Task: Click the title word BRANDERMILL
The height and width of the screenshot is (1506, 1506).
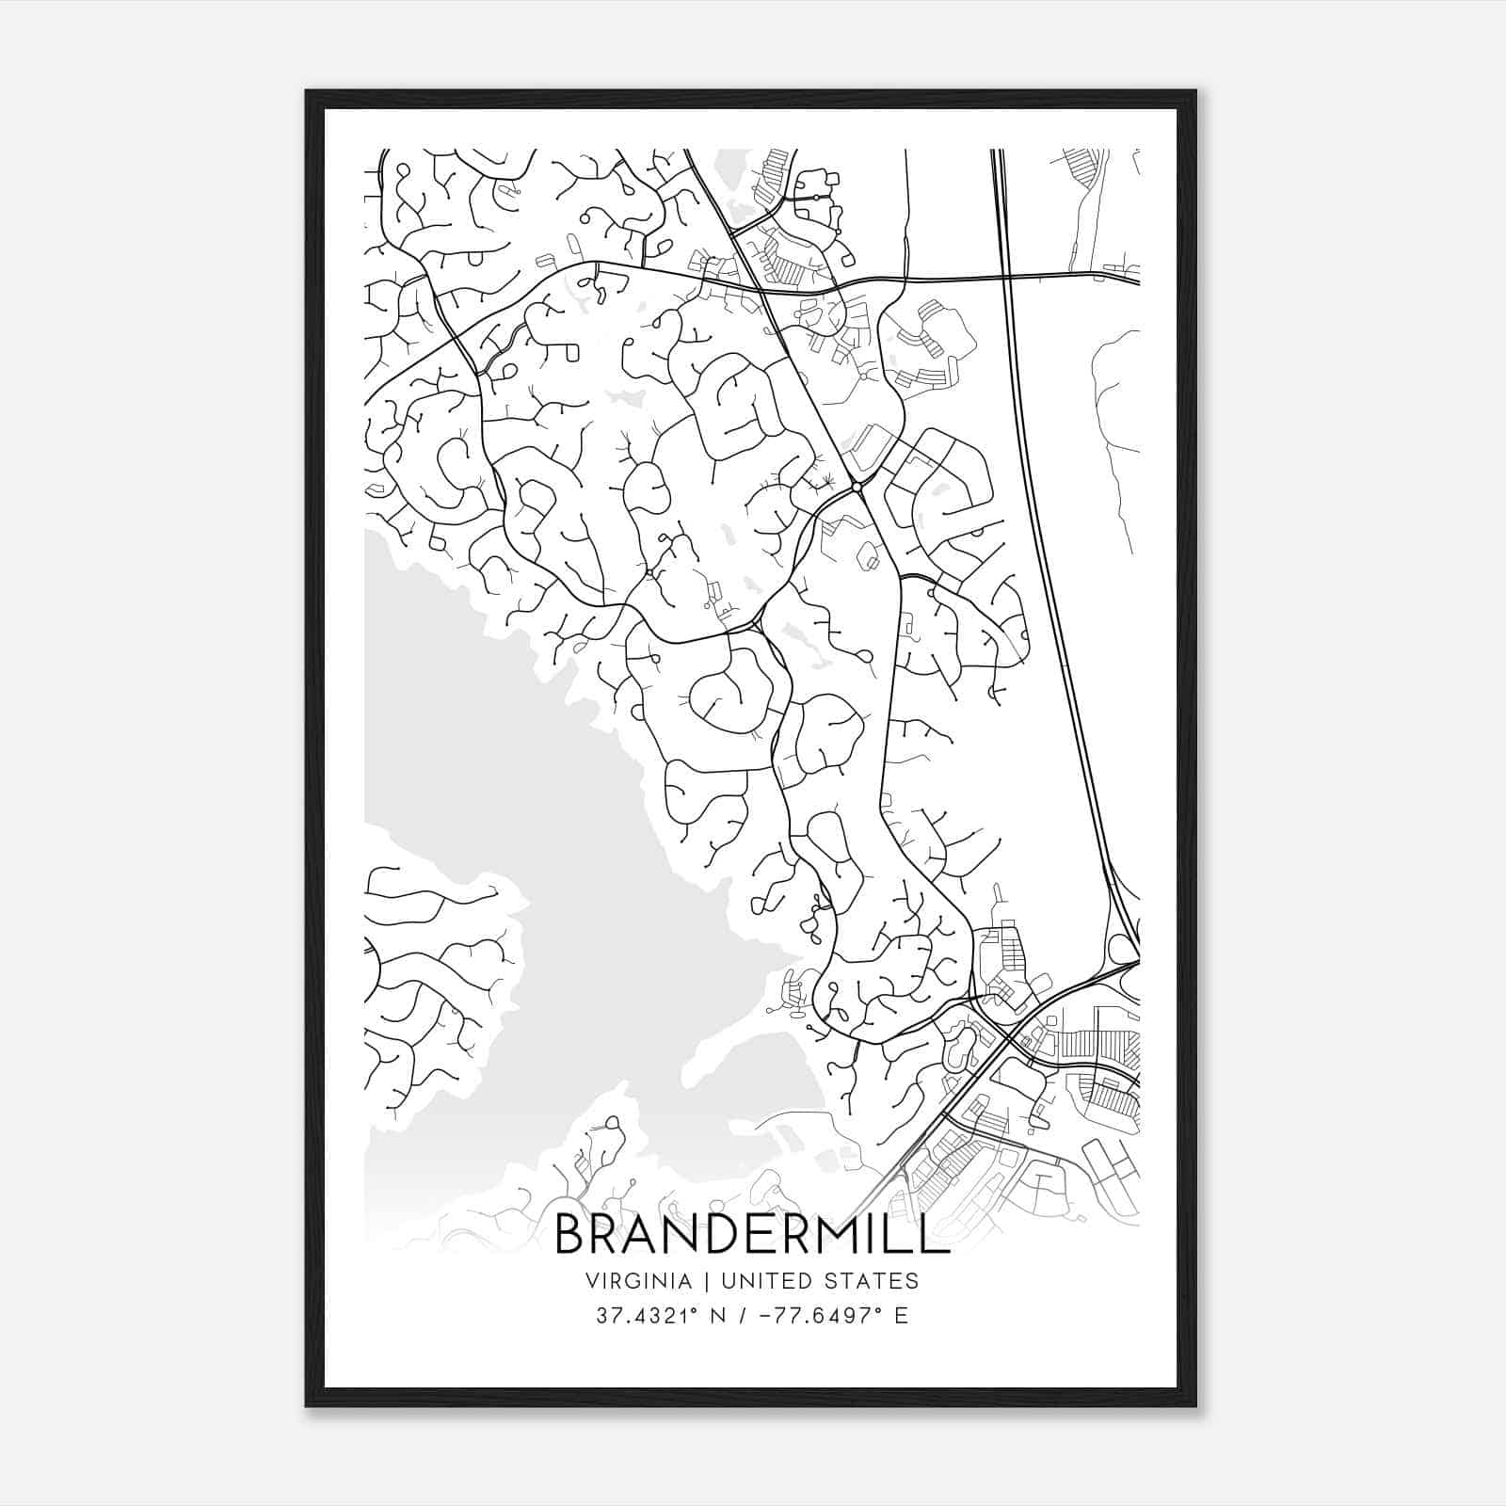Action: point(751,1234)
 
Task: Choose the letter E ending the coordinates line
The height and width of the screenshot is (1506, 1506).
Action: point(902,1316)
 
